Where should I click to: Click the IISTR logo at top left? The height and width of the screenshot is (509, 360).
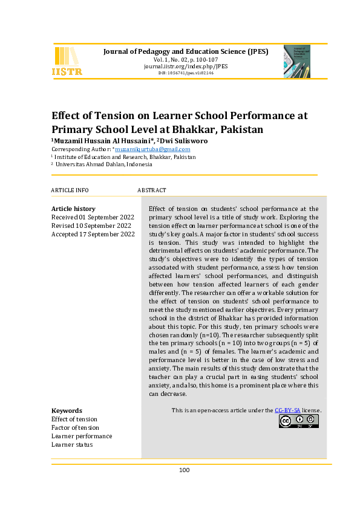point(67,61)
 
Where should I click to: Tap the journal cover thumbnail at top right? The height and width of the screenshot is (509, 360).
point(296,62)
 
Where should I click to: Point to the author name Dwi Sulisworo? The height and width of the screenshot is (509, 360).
point(184,141)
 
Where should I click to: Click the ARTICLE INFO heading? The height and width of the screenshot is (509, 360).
point(70,190)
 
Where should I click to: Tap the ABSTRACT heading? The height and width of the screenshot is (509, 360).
point(152,190)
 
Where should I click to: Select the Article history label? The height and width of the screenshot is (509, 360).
point(73,209)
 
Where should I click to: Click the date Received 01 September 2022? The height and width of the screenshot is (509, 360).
point(93,217)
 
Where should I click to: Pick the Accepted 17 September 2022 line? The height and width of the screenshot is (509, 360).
point(93,234)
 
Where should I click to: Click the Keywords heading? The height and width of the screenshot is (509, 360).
point(67,410)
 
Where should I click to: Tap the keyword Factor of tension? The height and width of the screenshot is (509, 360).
point(76,427)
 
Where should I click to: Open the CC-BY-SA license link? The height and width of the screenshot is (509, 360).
point(287,410)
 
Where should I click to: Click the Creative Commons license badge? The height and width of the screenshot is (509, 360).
point(298,421)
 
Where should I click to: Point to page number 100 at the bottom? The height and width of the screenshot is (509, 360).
point(185,470)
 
